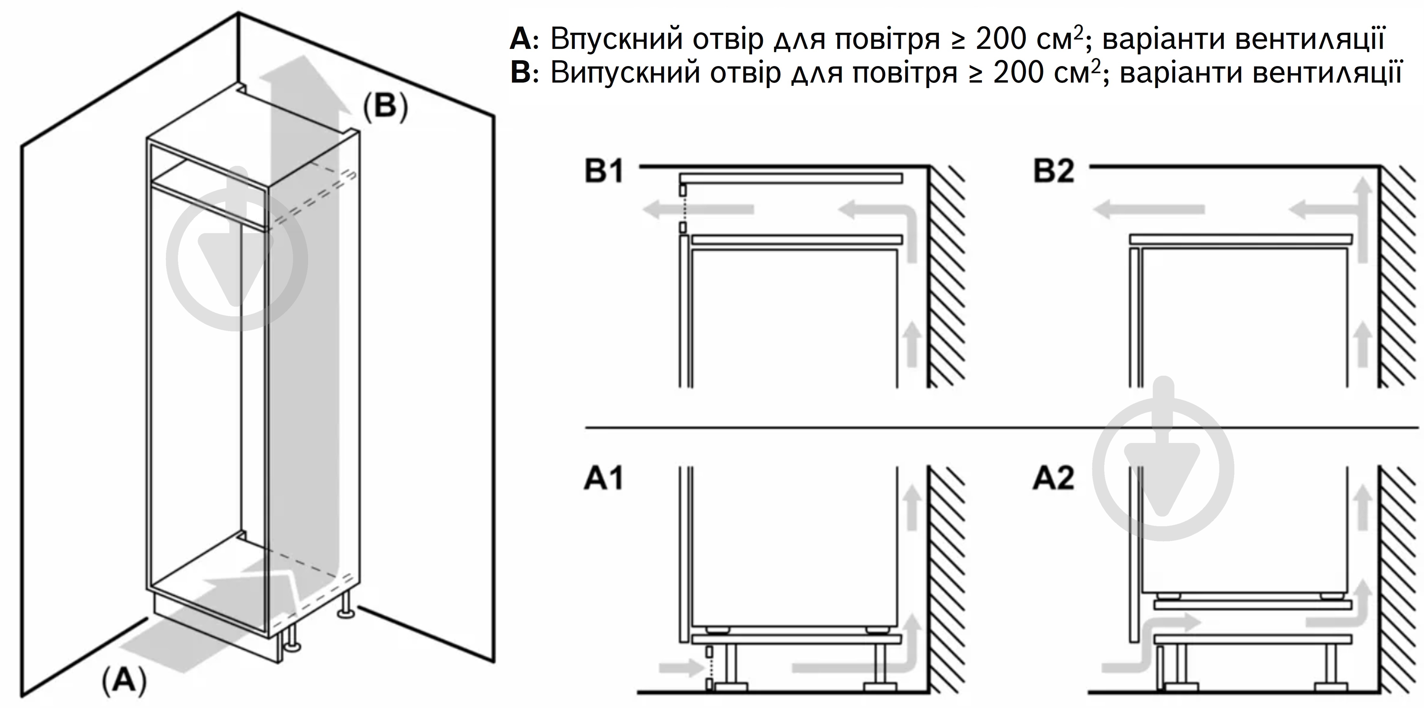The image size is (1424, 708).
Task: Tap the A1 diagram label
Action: click(604, 478)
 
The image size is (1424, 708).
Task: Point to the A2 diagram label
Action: click(1054, 478)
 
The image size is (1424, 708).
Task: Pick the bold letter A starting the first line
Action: click(520, 39)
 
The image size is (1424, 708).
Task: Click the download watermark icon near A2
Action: click(1163, 470)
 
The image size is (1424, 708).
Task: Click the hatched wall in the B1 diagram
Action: click(946, 277)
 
